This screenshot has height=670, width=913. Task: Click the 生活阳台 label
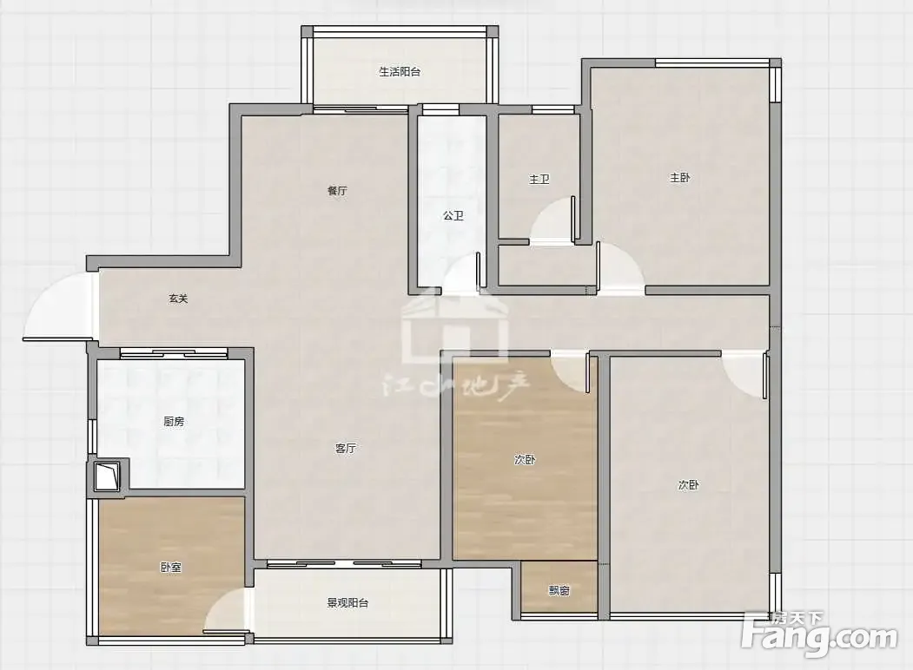click(400, 72)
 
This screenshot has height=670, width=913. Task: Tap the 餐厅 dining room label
click(337, 191)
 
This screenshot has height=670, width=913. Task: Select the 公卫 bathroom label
click(453, 216)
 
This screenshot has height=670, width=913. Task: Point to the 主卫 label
click(539, 179)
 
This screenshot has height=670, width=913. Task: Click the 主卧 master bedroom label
click(679, 177)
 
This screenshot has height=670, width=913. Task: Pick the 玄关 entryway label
click(178, 299)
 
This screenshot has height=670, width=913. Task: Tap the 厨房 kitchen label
click(174, 421)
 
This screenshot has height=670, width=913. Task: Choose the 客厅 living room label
click(345, 449)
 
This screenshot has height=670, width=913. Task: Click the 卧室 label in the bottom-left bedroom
click(170, 567)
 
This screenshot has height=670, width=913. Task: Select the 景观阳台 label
click(347, 603)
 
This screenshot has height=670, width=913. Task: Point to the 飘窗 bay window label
click(559, 591)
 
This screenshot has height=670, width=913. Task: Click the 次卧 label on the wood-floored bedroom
click(525, 459)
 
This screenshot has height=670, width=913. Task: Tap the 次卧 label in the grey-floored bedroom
click(688, 484)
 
